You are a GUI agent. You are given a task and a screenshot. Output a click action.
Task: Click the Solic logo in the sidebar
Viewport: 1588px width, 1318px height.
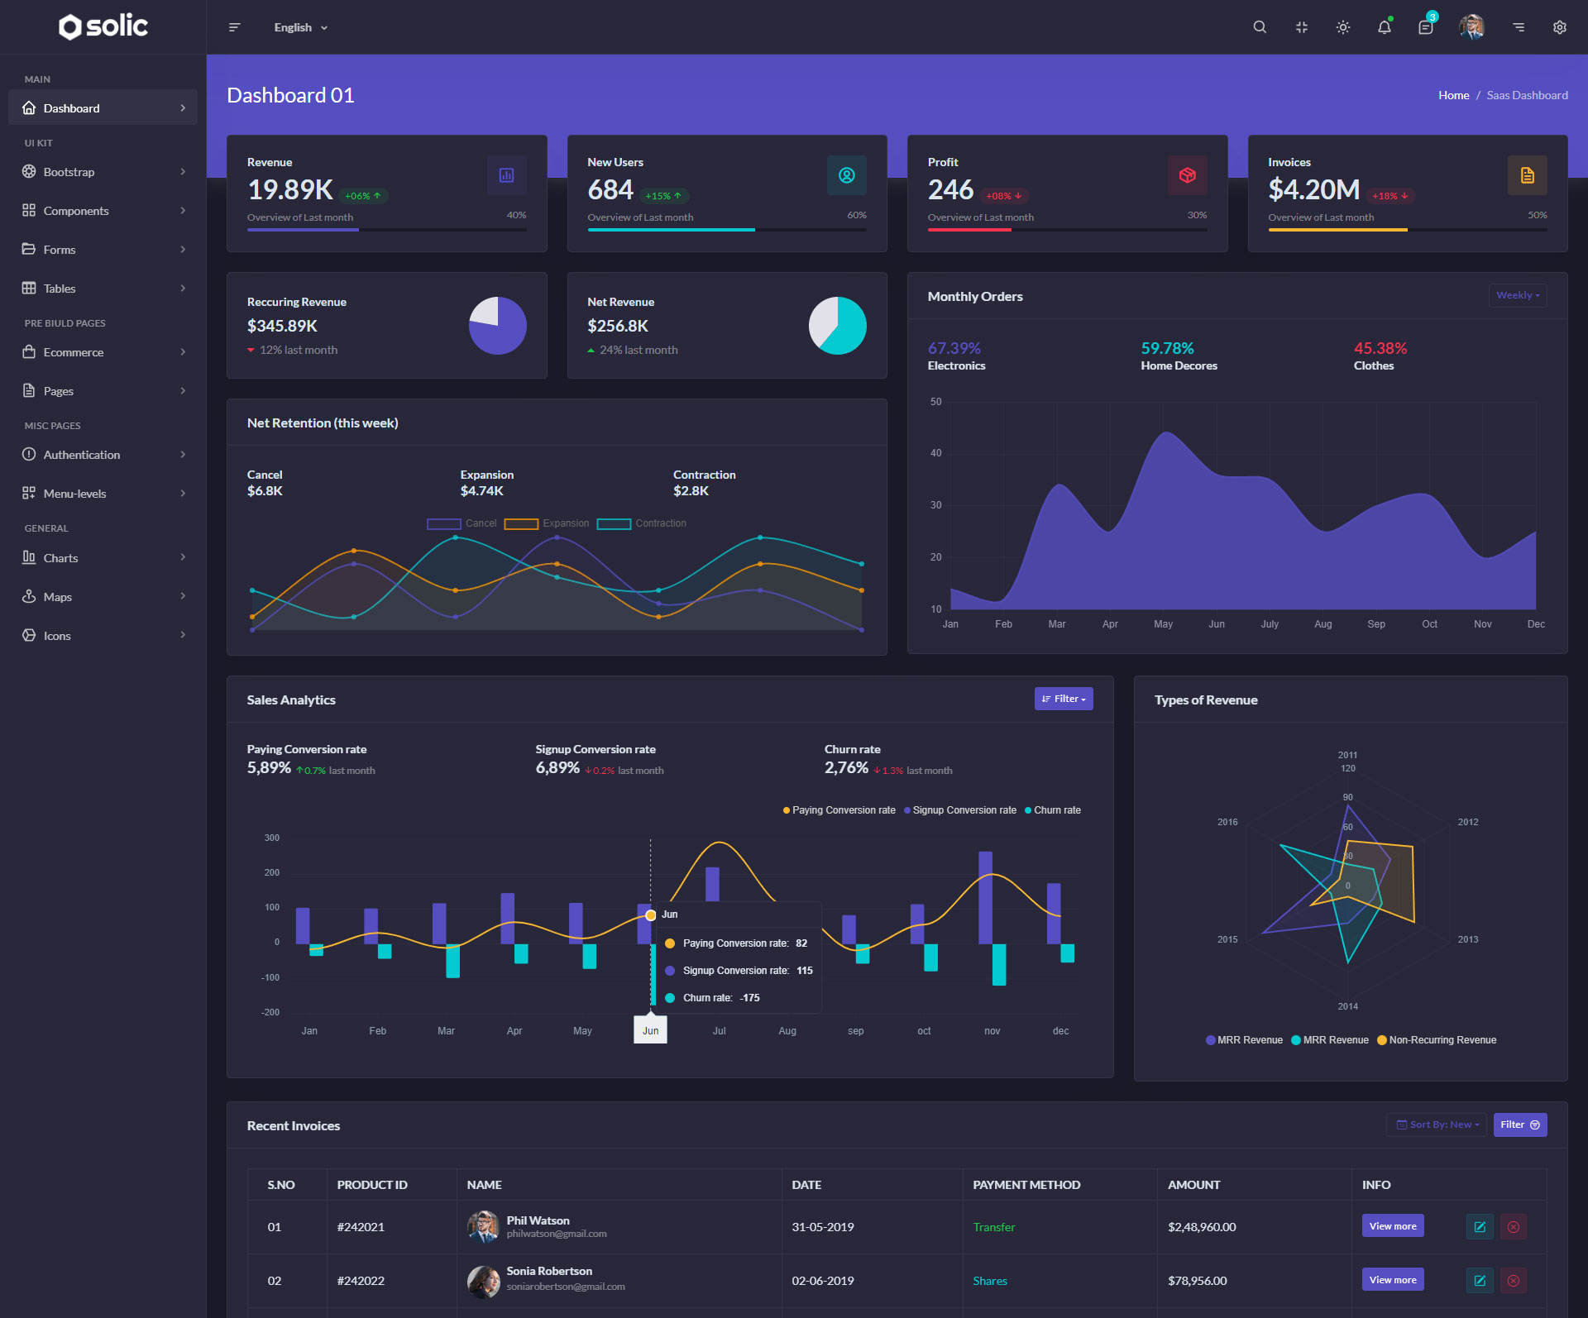[x=103, y=26]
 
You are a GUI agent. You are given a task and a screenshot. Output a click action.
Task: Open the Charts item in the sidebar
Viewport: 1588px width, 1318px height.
[x=60, y=558]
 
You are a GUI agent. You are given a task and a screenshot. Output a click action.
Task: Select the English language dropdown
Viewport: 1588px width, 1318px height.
[x=300, y=27]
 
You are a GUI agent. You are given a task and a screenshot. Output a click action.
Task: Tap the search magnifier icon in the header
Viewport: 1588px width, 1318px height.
[x=1260, y=27]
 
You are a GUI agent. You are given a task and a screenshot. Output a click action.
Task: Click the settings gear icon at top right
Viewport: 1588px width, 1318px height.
[x=1559, y=27]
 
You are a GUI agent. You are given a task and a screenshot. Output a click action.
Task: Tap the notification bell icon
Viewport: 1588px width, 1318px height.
[x=1384, y=27]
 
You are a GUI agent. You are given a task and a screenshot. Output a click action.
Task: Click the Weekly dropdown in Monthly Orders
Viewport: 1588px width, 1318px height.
[x=1517, y=295]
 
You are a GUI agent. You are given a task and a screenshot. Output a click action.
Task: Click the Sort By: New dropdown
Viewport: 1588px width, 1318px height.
[x=1437, y=1125]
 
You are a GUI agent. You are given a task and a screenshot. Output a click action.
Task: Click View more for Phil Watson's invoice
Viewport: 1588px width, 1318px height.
[x=1392, y=1226]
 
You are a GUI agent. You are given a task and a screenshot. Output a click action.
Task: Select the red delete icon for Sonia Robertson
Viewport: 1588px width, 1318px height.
[x=1513, y=1281]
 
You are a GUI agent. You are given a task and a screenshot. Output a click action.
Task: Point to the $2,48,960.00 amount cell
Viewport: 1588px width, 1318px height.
[x=1201, y=1227]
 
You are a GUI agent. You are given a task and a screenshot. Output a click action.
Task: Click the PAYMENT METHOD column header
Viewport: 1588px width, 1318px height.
[x=1026, y=1185]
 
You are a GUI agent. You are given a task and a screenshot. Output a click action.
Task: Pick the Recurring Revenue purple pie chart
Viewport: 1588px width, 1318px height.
[x=498, y=326]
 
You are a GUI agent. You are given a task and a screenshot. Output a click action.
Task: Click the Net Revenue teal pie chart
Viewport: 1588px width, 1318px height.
[x=837, y=326]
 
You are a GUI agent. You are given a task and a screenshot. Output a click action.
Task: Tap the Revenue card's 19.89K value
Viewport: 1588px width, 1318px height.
[x=290, y=190]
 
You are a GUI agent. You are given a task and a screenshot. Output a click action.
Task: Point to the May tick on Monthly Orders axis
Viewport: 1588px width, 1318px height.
[x=1163, y=624]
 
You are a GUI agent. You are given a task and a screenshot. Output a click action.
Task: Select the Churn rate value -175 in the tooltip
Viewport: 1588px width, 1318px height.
[x=749, y=998]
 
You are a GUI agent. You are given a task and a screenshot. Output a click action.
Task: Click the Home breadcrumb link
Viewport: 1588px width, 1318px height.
[x=1453, y=95]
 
